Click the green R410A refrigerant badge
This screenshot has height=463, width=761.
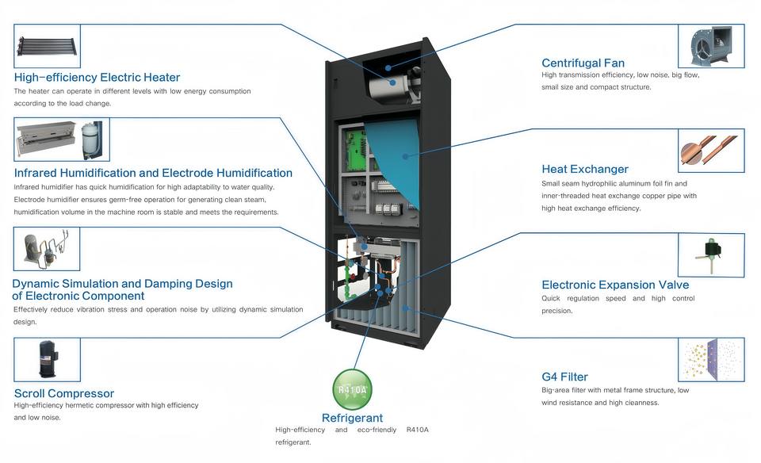[352, 389]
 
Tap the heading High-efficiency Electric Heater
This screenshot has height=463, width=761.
[97, 77]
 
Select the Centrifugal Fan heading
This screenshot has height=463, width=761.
[583, 63]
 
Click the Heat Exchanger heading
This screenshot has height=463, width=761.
[585, 169]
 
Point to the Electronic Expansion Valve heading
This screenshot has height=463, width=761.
[615, 285]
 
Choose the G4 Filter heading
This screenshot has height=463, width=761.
[564, 377]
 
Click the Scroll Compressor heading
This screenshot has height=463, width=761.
[64, 393]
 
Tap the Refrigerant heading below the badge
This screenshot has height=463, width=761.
[352, 418]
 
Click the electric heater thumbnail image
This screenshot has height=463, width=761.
[47, 46]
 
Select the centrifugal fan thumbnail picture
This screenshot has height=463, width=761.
[711, 46]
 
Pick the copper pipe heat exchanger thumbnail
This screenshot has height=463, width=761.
[711, 151]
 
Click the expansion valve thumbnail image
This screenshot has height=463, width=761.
[711, 255]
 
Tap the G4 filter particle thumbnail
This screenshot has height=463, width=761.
[711, 360]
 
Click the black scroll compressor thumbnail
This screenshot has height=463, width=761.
[47, 360]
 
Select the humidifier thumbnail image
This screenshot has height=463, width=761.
[62, 140]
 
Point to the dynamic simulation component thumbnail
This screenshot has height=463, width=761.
[47, 248]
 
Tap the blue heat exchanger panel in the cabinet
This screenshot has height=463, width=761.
[394, 161]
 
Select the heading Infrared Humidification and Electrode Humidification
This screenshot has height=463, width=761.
[153, 173]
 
